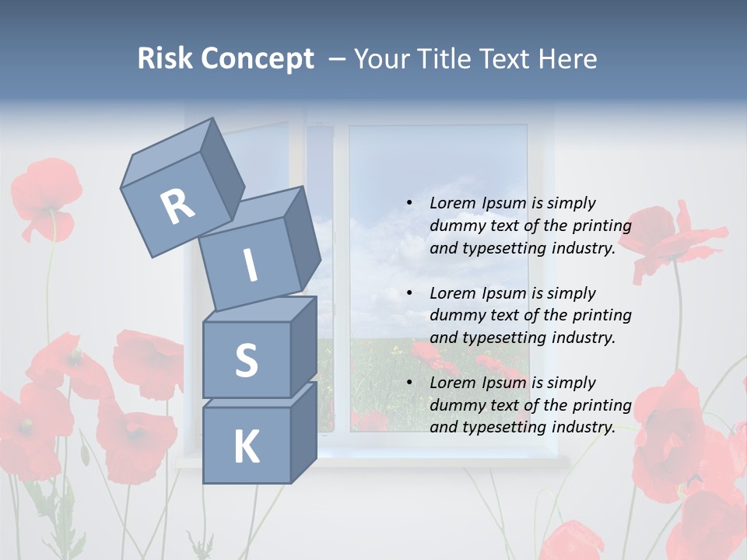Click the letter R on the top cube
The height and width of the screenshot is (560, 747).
[177, 206]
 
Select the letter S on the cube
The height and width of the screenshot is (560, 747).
[246, 360]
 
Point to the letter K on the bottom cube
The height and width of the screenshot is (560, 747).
[246, 447]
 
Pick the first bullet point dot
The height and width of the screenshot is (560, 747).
[409, 203]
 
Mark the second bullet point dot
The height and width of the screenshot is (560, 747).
[409, 293]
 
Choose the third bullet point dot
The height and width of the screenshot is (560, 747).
[409, 383]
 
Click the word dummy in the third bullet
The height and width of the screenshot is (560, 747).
[458, 404]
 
